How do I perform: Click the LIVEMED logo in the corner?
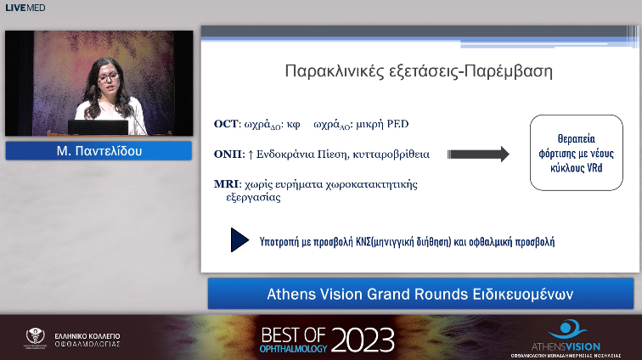[25, 8]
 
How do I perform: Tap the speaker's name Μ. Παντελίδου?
[99, 152]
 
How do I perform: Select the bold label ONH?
[228, 155]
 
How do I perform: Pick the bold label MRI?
[228, 184]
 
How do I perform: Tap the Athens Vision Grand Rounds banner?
[420, 295]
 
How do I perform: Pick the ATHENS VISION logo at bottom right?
[574, 336]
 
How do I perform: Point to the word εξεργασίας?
[253, 197]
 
